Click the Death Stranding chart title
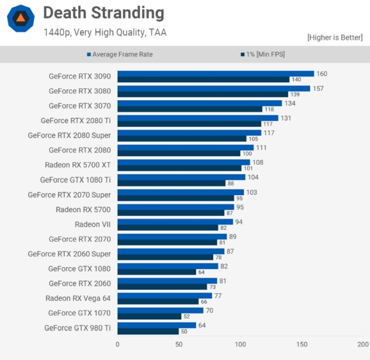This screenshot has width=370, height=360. pyautogui.click(x=103, y=13)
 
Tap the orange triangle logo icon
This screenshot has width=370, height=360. pyautogui.click(x=21, y=18)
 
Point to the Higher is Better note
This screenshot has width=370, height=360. pyautogui.click(x=335, y=37)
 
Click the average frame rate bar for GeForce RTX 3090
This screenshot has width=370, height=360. pyautogui.click(x=215, y=73)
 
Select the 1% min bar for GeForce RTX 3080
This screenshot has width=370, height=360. pyautogui.click(x=202, y=94)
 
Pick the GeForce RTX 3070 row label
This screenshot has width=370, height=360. pyautogui.click(x=80, y=105)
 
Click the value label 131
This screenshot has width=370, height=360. pyautogui.click(x=286, y=118)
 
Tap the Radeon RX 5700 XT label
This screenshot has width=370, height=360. pyautogui.click(x=78, y=165)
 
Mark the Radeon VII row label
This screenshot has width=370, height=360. pyautogui.click(x=92, y=224)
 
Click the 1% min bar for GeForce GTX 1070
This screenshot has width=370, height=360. pyautogui.click(x=149, y=316)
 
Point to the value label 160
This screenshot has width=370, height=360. pyautogui.click(x=322, y=74)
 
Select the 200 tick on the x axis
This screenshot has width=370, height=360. pyautogui.click(x=363, y=344)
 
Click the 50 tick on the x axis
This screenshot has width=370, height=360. pyautogui.click(x=179, y=344)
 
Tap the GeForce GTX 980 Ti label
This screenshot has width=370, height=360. pyautogui.click(x=78, y=328)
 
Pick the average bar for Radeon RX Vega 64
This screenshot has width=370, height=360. pyautogui.click(x=164, y=295)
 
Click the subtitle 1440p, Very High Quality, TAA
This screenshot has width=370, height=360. pyautogui.click(x=105, y=32)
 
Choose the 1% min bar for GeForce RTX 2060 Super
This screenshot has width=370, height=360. pyautogui.click(x=165, y=257)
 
